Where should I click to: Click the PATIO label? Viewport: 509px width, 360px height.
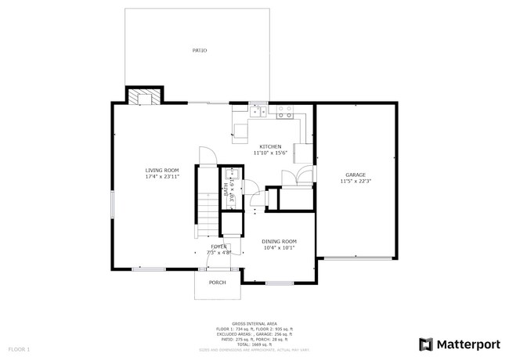[x=199, y=51]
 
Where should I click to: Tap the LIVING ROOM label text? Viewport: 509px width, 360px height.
[x=162, y=170]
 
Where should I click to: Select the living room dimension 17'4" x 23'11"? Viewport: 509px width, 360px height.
[x=162, y=177]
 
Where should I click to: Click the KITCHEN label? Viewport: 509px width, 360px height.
[x=270, y=146]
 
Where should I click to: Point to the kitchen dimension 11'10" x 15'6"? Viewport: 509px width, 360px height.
[x=270, y=153]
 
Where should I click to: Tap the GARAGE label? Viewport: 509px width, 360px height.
[x=356, y=175]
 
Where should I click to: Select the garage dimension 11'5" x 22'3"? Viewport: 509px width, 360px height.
[x=356, y=182]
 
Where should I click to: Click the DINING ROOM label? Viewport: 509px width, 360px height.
[x=279, y=241]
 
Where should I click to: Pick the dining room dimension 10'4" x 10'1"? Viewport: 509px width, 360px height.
[x=279, y=248]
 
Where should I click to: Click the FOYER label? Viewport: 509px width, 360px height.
[x=218, y=247]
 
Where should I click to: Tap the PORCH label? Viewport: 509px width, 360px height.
[x=217, y=283]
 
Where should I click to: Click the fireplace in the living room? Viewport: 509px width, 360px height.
[x=145, y=96]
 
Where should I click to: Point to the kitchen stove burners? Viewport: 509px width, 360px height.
[x=283, y=112]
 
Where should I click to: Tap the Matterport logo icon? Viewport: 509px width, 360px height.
[x=426, y=344]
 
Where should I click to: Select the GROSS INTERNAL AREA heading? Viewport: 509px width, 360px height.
[x=254, y=322]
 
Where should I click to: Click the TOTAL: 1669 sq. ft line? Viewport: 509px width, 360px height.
[x=254, y=344]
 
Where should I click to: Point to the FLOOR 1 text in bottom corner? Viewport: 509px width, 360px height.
[x=19, y=348]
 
